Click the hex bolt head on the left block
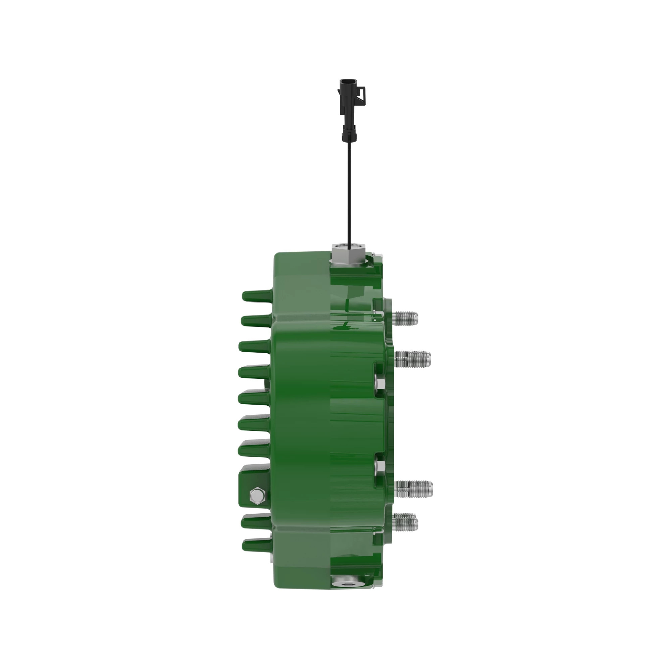click(x=257, y=495)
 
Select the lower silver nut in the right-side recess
click(x=379, y=466)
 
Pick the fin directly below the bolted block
click(x=256, y=520)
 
